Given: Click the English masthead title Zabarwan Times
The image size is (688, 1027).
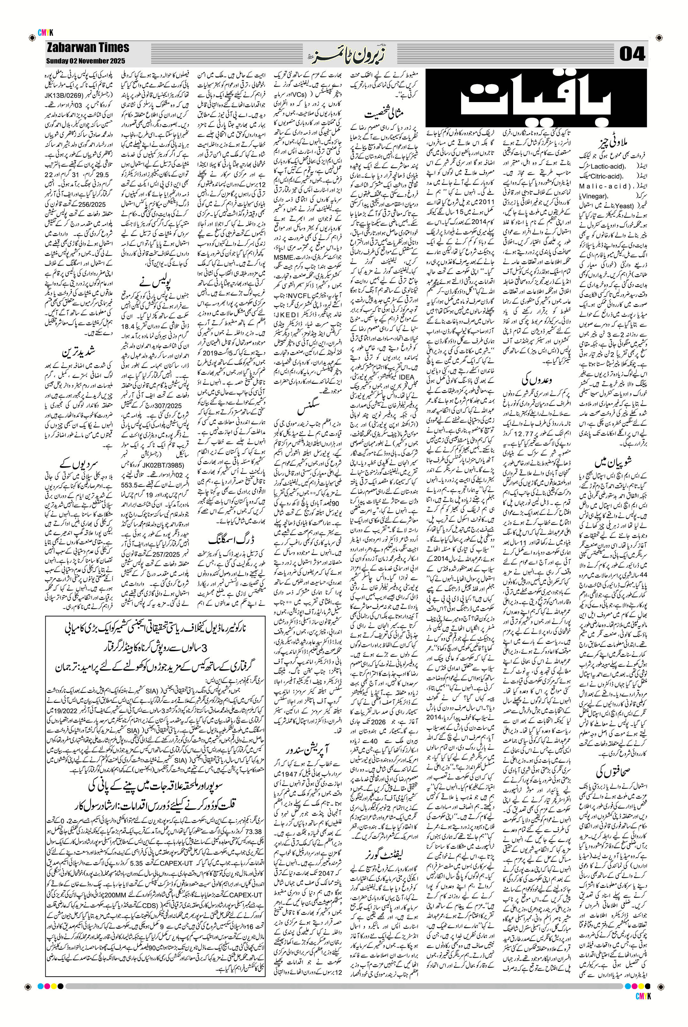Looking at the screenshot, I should click(88, 48).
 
